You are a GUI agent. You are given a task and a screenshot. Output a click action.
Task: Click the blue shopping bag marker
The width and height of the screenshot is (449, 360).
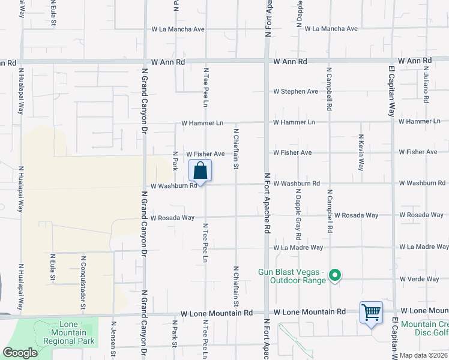[200, 170]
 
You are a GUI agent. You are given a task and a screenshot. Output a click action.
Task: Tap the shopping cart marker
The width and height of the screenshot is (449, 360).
[371, 313]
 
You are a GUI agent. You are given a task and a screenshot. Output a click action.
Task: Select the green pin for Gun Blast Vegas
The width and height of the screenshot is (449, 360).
[336, 276]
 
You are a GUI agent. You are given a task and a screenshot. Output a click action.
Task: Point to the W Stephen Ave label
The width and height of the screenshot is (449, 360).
[295, 92]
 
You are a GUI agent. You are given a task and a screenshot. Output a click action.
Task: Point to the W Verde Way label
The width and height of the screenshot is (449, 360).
[420, 279]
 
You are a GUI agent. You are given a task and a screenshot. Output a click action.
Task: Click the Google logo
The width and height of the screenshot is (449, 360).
[20, 353]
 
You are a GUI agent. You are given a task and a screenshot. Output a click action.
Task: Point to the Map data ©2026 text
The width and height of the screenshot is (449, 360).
[423, 355]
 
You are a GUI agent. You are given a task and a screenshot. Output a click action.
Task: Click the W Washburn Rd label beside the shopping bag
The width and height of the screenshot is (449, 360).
[174, 186]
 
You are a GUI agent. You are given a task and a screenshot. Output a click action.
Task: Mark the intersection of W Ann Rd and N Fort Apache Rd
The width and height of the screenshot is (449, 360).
[267, 61]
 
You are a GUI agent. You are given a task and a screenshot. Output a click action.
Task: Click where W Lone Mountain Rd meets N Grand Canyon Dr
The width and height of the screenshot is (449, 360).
[145, 313]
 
